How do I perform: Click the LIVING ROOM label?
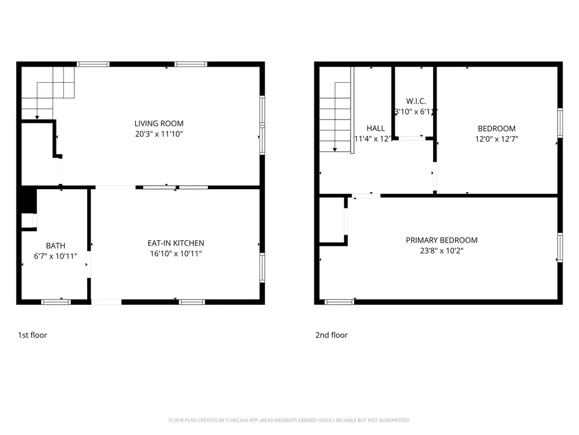[159, 123]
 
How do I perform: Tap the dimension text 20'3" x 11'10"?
[159, 134]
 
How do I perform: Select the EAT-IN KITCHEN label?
[175, 243]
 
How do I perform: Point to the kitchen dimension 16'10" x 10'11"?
[175, 254]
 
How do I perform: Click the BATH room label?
[55, 245]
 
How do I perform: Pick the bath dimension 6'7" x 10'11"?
[55, 256]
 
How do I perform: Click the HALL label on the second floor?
[375, 128]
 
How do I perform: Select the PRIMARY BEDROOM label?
[442, 240]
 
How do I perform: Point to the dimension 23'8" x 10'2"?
[442, 251]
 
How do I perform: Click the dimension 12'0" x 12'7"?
[496, 139]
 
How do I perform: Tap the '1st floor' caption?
[33, 335]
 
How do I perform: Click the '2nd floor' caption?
[331, 335]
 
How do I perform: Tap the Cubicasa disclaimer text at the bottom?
[289, 420]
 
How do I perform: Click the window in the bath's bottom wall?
[56, 302]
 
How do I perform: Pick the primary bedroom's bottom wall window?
[340, 302]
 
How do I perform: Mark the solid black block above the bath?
[28, 200]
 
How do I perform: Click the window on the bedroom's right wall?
[560, 123]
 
